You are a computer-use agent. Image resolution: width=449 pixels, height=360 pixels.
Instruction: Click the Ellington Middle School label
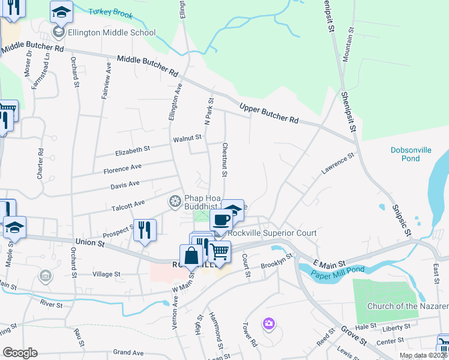click(112, 32)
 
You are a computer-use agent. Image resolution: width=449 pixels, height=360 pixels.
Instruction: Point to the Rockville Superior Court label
click(271, 233)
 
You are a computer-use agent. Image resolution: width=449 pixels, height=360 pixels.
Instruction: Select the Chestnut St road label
click(224, 160)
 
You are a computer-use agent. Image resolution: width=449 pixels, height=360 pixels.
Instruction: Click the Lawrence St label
click(337, 163)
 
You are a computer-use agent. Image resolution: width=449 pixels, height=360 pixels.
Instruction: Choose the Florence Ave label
click(122, 170)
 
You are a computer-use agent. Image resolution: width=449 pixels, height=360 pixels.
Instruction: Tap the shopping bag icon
click(191, 254)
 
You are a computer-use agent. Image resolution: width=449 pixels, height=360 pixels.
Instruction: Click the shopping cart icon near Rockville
click(219, 251)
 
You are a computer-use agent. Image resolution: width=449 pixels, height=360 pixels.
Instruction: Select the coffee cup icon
click(221, 220)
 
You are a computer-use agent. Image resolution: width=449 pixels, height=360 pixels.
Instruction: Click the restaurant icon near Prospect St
click(145, 229)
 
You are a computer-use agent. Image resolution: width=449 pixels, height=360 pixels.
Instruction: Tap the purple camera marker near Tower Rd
click(268, 324)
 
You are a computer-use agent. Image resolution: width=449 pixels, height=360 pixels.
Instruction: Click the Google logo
click(20, 353)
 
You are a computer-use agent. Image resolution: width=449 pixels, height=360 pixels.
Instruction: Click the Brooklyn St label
click(276, 261)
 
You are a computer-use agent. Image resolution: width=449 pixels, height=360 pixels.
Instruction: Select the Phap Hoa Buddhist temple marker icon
click(175, 200)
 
